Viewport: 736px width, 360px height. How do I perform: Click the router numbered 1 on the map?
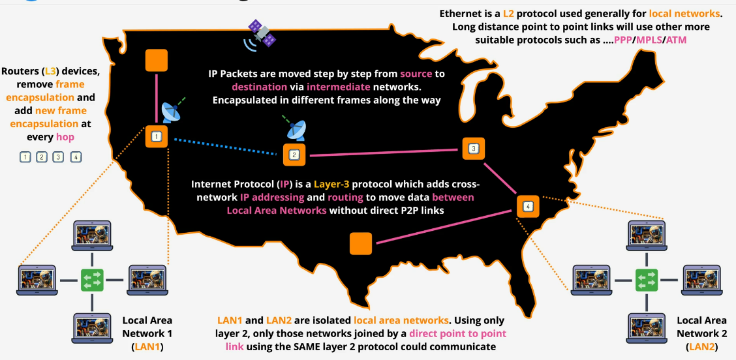click(x=155, y=137)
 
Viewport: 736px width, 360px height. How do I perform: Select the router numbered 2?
click(x=294, y=155)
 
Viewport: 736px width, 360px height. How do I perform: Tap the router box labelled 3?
click(x=473, y=149)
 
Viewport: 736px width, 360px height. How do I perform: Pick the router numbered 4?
click(x=528, y=207)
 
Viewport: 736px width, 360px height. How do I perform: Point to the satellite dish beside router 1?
click(x=173, y=112)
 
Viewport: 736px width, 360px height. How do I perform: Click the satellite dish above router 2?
click(x=296, y=128)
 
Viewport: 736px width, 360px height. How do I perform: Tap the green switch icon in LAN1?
click(x=93, y=280)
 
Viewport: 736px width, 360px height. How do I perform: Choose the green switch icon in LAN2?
click(x=647, y=280)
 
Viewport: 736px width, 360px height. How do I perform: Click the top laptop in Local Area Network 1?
click(x=93, y=237)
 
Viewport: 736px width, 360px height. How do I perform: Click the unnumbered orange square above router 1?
click(x=156, y=60)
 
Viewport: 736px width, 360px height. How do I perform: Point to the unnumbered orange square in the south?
click(x=361, y=243)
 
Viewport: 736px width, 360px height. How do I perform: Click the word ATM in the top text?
click(x=675, y=40)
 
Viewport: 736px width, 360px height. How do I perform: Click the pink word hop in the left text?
click(x=65, y=137)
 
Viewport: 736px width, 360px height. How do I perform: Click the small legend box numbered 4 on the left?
click(x=76, y=157)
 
